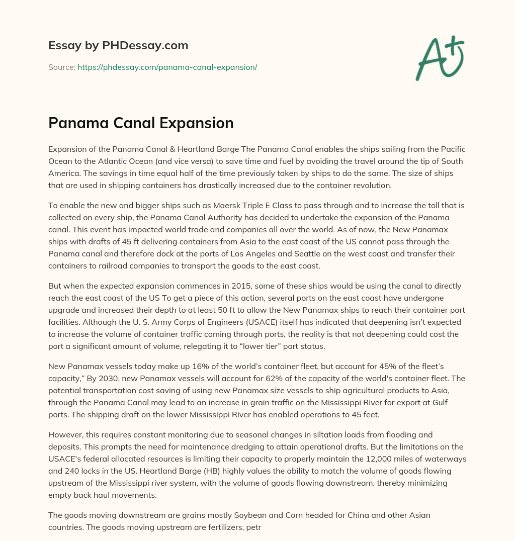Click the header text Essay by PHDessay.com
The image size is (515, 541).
pos(118,46)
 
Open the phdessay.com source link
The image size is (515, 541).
pos(167,67)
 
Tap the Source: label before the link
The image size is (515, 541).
pos(61,67)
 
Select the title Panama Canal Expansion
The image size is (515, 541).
pos(141,123)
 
